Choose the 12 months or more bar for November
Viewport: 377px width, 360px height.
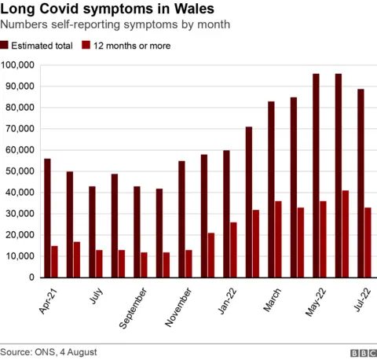[x=189, y=263]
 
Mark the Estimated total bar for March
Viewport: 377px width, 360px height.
[x=271, y=189]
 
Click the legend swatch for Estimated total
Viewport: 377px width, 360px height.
[x=9, y=46]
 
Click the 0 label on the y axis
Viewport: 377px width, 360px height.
[x=32, y=277]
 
